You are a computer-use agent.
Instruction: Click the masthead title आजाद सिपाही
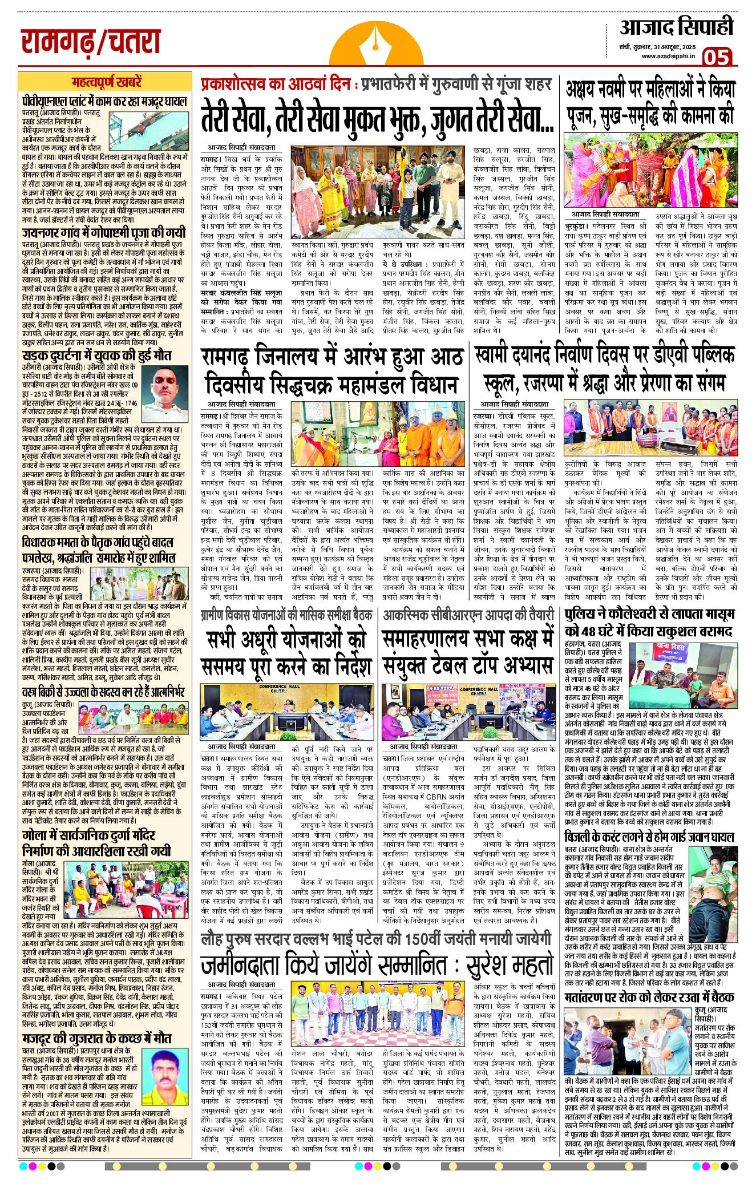[x=676, y=27]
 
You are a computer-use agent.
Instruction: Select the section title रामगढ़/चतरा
[x=91, y=42]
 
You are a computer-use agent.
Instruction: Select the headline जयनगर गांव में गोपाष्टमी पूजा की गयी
[x=104, y=233]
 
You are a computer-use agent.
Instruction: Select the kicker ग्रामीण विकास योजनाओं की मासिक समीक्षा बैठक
[x=286, y=615]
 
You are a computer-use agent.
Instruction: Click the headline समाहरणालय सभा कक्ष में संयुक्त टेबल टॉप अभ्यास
[x=468, y=652]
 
